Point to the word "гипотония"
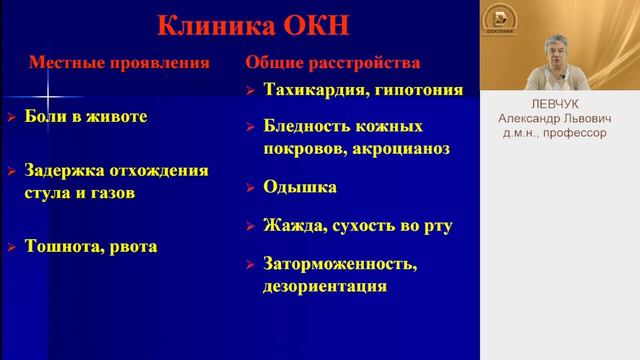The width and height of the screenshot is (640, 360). coord(418,90)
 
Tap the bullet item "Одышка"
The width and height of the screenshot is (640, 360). coord(299,187)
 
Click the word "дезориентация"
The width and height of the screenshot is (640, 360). coord(325,286)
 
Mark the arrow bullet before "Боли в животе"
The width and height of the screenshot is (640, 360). coord(11,118)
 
